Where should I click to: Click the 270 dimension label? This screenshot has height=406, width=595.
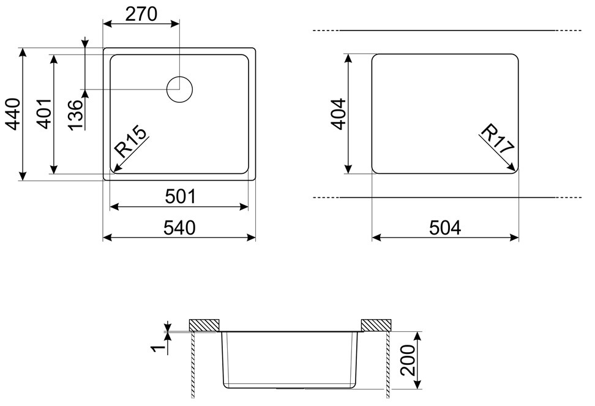point(141,14)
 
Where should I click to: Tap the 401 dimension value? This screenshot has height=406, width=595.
point(45,113)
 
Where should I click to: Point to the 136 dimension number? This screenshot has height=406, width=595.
point(75,115)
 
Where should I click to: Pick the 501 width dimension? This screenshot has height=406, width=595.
point(181,197)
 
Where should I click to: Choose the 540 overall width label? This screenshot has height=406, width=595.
point(179,228)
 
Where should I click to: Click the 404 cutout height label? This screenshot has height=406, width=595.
point(339,114)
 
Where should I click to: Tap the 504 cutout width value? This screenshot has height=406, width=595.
point(445,228)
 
